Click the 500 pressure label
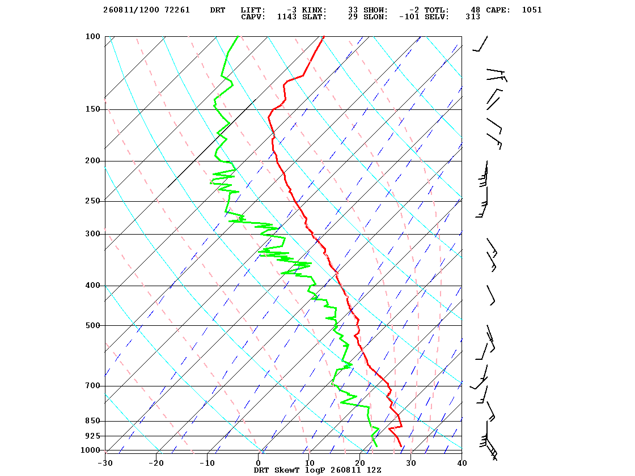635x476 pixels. (93, 325)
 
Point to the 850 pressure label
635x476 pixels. (93, 421)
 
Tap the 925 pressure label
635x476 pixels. (93, 436)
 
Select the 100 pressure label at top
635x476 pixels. (93, 36)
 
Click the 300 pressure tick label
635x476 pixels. (93, 234)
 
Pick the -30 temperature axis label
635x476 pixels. (105, 463)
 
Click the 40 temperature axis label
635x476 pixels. (462, 463)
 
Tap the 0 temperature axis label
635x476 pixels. (259, 463)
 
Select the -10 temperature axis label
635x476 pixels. (207, 463)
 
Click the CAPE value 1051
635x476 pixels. (532, 10)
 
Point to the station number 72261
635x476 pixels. (177, 10)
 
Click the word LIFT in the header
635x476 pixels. (253, 10)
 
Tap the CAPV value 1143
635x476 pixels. (287, 17)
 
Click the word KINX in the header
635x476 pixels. (314, 10)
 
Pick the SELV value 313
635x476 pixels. (473, 17)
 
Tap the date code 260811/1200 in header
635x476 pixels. (131, 10)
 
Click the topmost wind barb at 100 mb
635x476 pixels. (480, 44)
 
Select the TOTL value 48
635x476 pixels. (476, 10)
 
